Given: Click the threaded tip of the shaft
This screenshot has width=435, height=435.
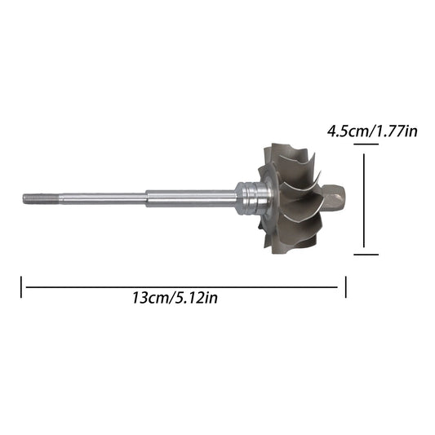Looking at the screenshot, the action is (x=41, y=199).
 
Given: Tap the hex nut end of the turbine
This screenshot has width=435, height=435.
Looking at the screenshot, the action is (x=335, y=198).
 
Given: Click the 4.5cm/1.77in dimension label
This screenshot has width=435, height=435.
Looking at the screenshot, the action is (x=372, y=131).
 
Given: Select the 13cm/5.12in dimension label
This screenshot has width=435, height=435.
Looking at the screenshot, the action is (x=175, y=298).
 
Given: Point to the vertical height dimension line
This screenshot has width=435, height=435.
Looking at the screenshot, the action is (x=364, y=200).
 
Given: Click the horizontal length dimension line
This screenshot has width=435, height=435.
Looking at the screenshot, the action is (x=181, y=287).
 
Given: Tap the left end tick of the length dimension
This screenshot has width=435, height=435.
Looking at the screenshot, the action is (x=21, y=286).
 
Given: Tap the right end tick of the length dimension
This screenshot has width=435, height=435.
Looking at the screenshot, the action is (x=346, y=286).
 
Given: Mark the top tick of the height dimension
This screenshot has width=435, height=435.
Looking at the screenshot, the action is (x=366, y=144).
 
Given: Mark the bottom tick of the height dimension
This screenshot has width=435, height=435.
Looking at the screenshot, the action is (x=366, y=254).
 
